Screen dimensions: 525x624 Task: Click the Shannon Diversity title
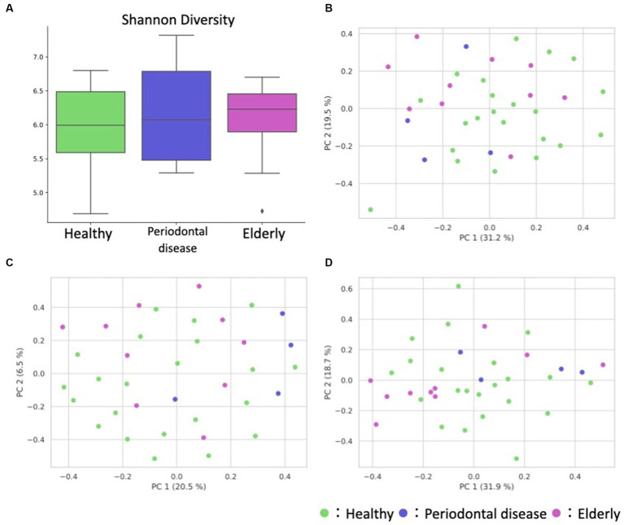pyautogui.click(x=168, y=17)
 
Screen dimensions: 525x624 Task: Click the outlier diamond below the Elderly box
pyautogui.click(x=262, y=211)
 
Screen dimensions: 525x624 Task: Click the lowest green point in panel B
pyautogui.click(x=370, y=209)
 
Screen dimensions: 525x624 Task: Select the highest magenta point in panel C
pyautogui.click(x=199, y=287)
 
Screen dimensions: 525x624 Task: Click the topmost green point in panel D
pyautogui.click(x=458, y=287)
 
